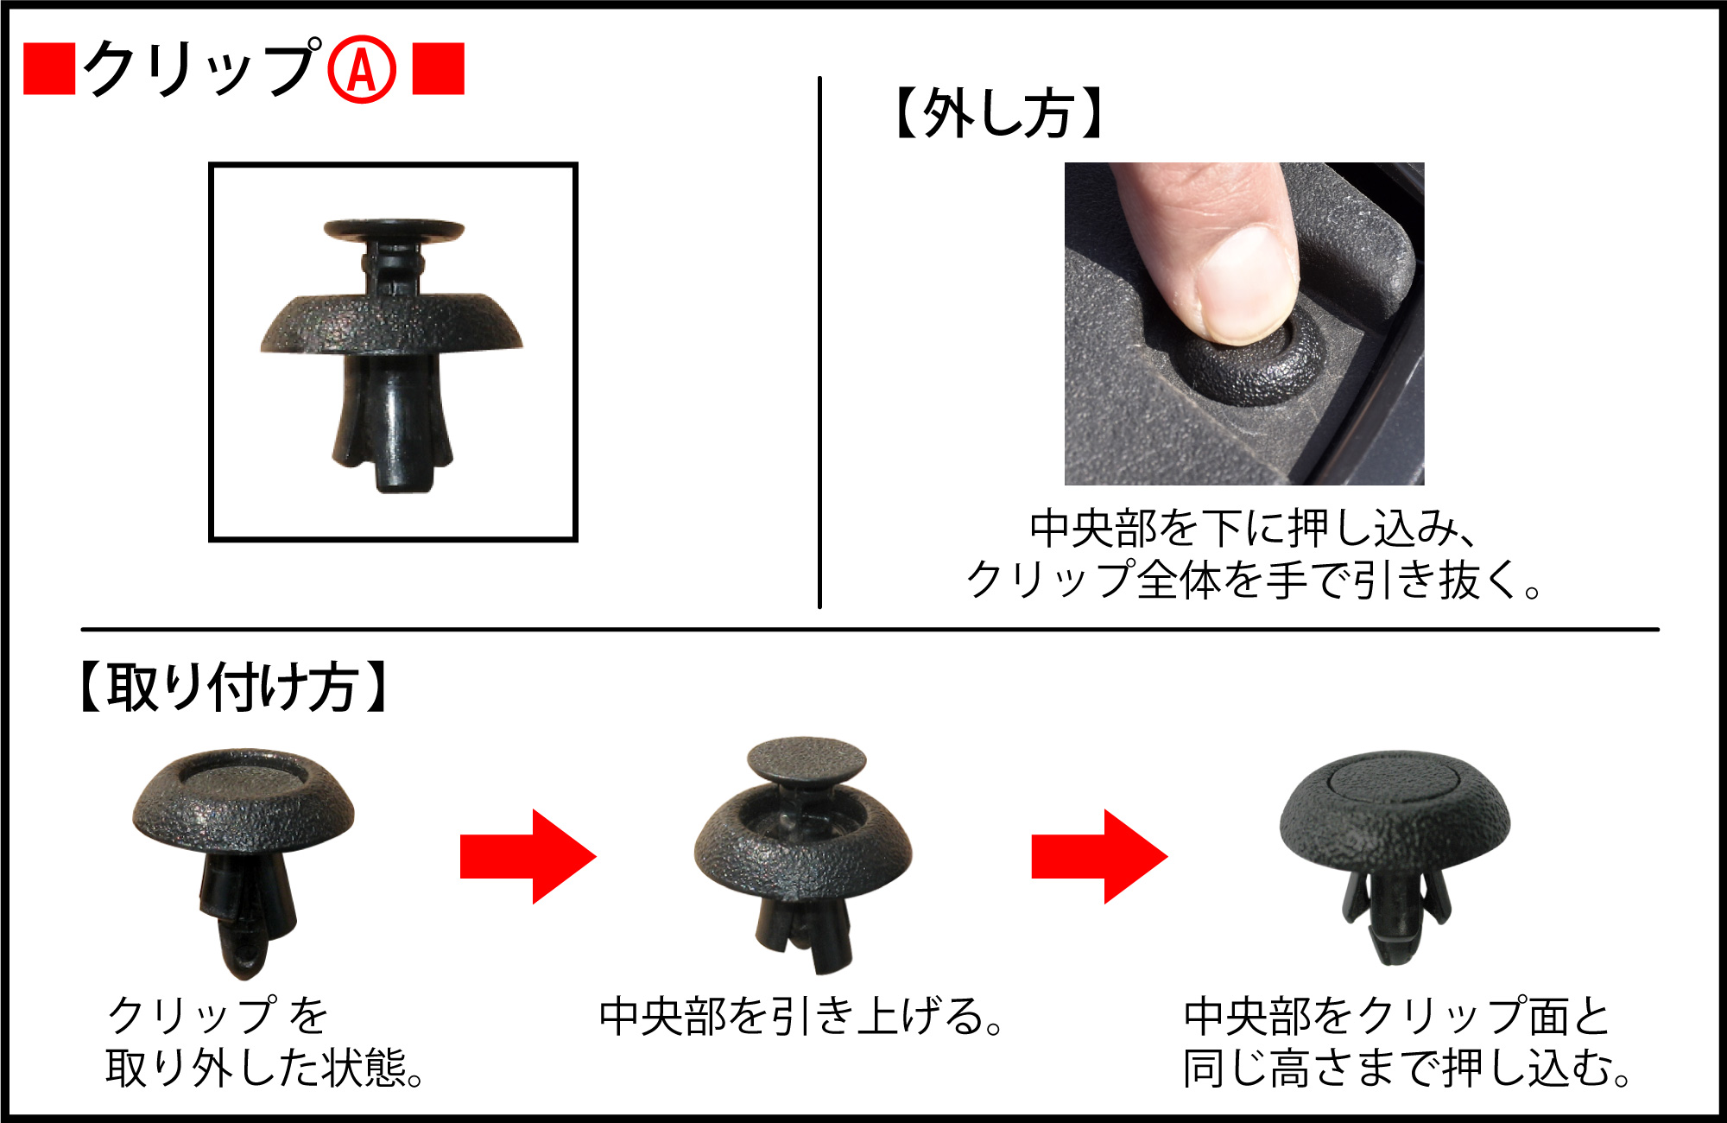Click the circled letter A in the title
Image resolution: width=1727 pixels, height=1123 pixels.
point(362,69)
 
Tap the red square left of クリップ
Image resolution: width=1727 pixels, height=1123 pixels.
point(49,68)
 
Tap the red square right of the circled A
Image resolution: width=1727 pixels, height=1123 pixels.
point(439,68)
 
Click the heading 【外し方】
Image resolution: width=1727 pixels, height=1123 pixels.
point(998,113)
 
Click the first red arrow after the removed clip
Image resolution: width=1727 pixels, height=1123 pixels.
point(528,856)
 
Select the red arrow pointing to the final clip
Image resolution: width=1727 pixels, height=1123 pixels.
point(1100,856)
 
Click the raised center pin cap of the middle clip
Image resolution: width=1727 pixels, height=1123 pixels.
point(806,760)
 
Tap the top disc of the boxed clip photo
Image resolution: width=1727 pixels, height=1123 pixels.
point(394,230)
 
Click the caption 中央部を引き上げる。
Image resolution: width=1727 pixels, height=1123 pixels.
point(801,1016)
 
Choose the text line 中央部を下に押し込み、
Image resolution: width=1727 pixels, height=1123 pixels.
point(1254,529)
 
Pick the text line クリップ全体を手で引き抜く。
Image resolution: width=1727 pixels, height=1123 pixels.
point(1254,579)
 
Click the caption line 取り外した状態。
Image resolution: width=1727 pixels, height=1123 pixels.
point(265,1068)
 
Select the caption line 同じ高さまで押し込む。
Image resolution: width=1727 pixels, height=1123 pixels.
point(1408,1068)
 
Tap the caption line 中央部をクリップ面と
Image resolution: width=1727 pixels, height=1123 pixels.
point(1397,1016)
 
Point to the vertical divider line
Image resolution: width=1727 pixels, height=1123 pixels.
point(819,342)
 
